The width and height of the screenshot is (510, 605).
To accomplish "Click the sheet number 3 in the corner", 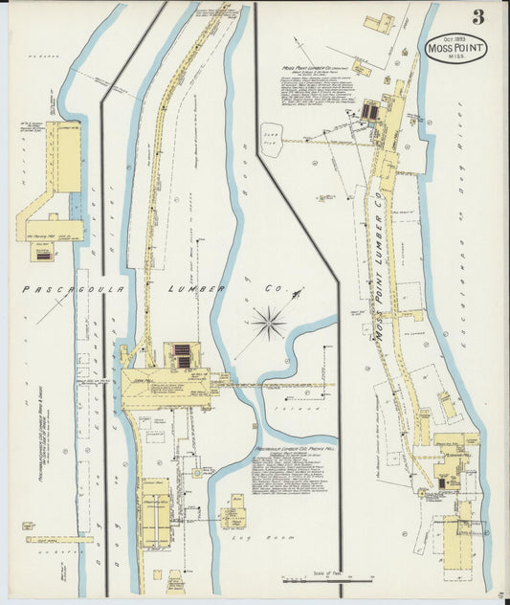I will [x=477, y=16].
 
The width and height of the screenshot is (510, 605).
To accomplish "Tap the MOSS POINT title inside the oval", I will [x=455, y=49].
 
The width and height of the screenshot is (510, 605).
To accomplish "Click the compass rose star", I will [x=270, y=323].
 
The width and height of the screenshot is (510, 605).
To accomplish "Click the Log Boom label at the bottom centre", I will [x=246, y=541].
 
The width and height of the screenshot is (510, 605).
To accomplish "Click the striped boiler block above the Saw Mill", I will [x=181, y=356].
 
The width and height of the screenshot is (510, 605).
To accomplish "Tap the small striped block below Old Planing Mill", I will [x=42, y=254].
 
